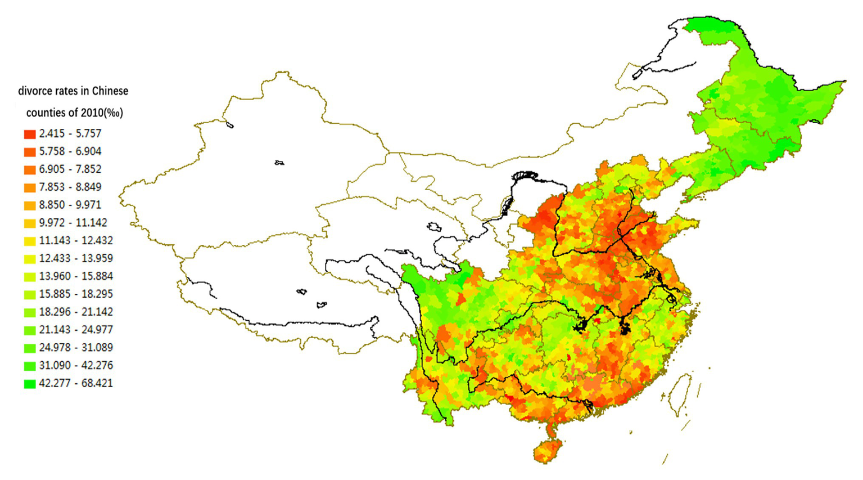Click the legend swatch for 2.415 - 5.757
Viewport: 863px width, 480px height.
(30, 134)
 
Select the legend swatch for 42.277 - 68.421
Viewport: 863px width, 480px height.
(30, 384)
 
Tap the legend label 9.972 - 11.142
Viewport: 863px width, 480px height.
(73, 223)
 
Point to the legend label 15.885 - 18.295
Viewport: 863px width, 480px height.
(76, 294)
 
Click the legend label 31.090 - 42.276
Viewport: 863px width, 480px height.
(76, 366)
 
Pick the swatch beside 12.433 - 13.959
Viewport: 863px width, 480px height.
(30, 259)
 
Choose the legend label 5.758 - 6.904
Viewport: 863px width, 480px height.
(70, 151)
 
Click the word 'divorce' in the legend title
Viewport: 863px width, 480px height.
(34, 91)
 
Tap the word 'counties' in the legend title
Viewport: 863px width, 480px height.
(46, 113)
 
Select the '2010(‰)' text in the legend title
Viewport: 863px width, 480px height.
(102, 113)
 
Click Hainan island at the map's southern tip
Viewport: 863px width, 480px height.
(548, 450)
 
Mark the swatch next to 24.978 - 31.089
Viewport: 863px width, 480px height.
(30, 348)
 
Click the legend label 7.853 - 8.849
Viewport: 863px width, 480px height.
(70, 187)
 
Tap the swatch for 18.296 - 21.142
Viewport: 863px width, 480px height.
(30, 312)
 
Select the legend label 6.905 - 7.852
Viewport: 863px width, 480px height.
(70, 169)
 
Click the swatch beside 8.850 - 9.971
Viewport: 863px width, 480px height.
(30, 205)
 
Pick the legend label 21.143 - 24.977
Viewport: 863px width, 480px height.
(76, 330)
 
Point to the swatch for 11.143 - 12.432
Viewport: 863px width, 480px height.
(30, 241)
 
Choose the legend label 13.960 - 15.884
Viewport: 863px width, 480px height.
(76, 276)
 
